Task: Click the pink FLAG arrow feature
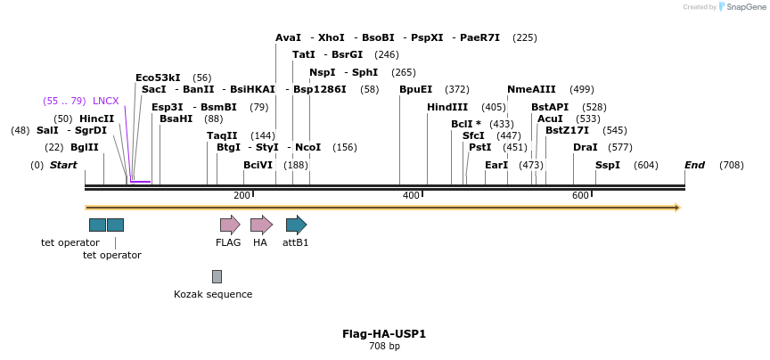[x=230, y=225]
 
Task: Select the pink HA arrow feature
[x=261, y=225]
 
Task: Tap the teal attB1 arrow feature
[x=296, y=225]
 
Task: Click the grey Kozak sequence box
[x=217, y=276]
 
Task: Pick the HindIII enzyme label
[x=446, y=107]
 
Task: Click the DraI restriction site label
[x=585, y=147]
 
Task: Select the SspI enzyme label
[x=607, y=165]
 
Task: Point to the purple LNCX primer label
[x=105, y=101]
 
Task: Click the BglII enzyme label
[x=85, y=147]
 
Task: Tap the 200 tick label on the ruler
[x=242, y=195]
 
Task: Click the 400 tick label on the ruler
[x=411, y=195]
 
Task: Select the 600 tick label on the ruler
[x=580, y=195]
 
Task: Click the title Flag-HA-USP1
[x=384, y=334]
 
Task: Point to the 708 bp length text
[x=384, y=346]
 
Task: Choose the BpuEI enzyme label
[x=415, y=89]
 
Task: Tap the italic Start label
[x=63, y=165]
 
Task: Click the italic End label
[x=694, y=165]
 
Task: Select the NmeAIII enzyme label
[x=531, y=89]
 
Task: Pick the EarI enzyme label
[x=496, y=165]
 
